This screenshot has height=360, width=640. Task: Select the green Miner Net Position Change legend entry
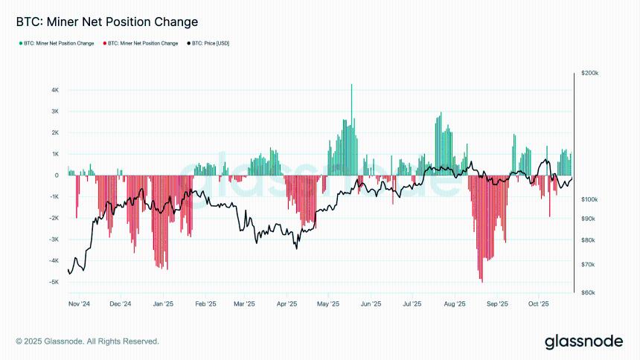click(x=57, y=44)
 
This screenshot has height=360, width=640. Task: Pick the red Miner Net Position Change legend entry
click(x=141, y=44)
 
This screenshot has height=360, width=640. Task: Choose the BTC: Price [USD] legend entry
click(x=208, y=44)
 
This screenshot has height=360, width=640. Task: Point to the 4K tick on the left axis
click(x=55, y=90)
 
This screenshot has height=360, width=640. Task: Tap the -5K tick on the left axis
click(x=54, y=282)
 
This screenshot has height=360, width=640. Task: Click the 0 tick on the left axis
click(x=57, y=176)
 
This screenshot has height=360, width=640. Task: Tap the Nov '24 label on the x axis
click(x=79, y=304)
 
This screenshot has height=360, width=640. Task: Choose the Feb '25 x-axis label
click(x=206, y=304)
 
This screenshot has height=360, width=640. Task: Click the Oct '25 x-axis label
click(x=538, y=304)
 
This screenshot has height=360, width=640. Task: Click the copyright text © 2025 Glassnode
click(x=87, y=341)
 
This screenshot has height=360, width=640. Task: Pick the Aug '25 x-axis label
click(x=454, y=304)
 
